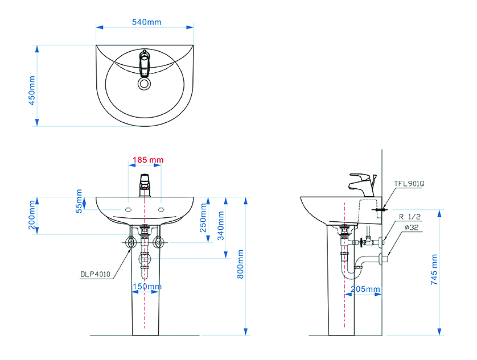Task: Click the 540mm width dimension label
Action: [147, 22]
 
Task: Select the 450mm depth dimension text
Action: [32, 90]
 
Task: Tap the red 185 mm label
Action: [148, 160]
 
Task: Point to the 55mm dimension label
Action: [79, 201]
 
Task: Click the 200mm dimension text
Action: [32, 215]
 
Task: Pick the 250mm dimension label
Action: [203, 218]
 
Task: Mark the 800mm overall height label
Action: [240, 264]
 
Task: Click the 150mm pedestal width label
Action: [147, 287]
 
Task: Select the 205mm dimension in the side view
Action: [365, 289]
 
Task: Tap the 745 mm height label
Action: [434, 270]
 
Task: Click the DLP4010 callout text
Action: [95, 274]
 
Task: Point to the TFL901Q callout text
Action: [409, 184]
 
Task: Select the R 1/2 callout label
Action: [410, 217]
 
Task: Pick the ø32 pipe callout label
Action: [412, 227]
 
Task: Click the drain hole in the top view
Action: [145, 83]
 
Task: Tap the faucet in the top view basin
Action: [145, 63]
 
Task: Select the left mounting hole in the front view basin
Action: [129, 209]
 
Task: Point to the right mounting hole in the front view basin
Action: [161, 209]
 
